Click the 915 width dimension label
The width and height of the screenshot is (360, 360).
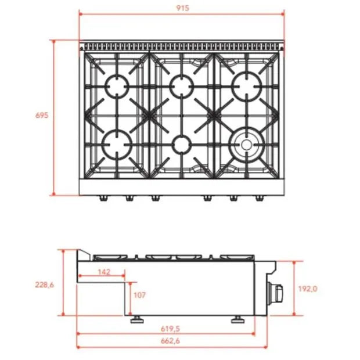pos(182,8)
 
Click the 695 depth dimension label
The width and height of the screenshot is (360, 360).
pos(42,115)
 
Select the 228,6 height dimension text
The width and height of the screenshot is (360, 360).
pos(44,285)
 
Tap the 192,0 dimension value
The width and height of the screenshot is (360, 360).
pos(308,289)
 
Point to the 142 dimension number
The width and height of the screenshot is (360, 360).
pos(104,272)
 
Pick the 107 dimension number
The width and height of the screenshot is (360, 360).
pos(139,295)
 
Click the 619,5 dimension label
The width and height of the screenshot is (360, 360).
pos(170,329)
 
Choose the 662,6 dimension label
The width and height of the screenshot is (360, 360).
pos(170,341)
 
